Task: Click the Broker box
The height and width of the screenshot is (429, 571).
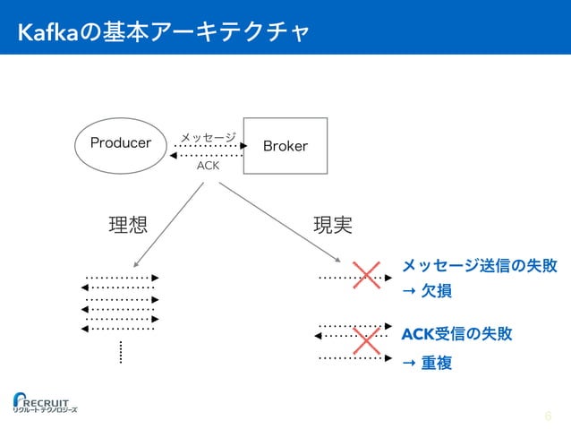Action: coord(285,145)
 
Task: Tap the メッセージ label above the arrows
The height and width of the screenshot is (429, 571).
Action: coord(208,136)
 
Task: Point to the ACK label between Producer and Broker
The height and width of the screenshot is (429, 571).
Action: coord(208,166)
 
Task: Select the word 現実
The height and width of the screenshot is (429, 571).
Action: coord(331,224)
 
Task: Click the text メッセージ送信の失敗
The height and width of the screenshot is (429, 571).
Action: coord(480,266)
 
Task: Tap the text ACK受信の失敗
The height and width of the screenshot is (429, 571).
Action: coord(456,334)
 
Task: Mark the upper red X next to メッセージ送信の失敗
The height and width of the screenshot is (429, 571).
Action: coord(366,277)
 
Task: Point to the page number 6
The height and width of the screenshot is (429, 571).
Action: coord(548,416)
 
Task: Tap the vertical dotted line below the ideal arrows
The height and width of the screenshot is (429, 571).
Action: coord(119,352)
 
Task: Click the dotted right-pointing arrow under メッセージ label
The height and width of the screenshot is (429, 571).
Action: coord(209,145)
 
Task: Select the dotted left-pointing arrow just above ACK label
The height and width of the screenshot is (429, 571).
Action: coord(208,155)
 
